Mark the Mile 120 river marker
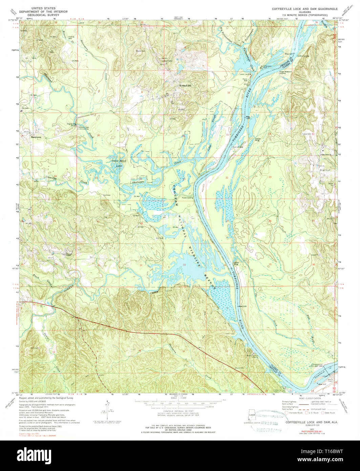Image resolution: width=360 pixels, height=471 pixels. [x=243, y=306]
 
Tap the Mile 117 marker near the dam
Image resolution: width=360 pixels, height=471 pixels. [x=322, y=384]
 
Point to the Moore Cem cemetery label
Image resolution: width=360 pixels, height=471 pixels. [x=239, y=368]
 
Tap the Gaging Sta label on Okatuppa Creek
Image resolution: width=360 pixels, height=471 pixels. [x=72, y=124]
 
